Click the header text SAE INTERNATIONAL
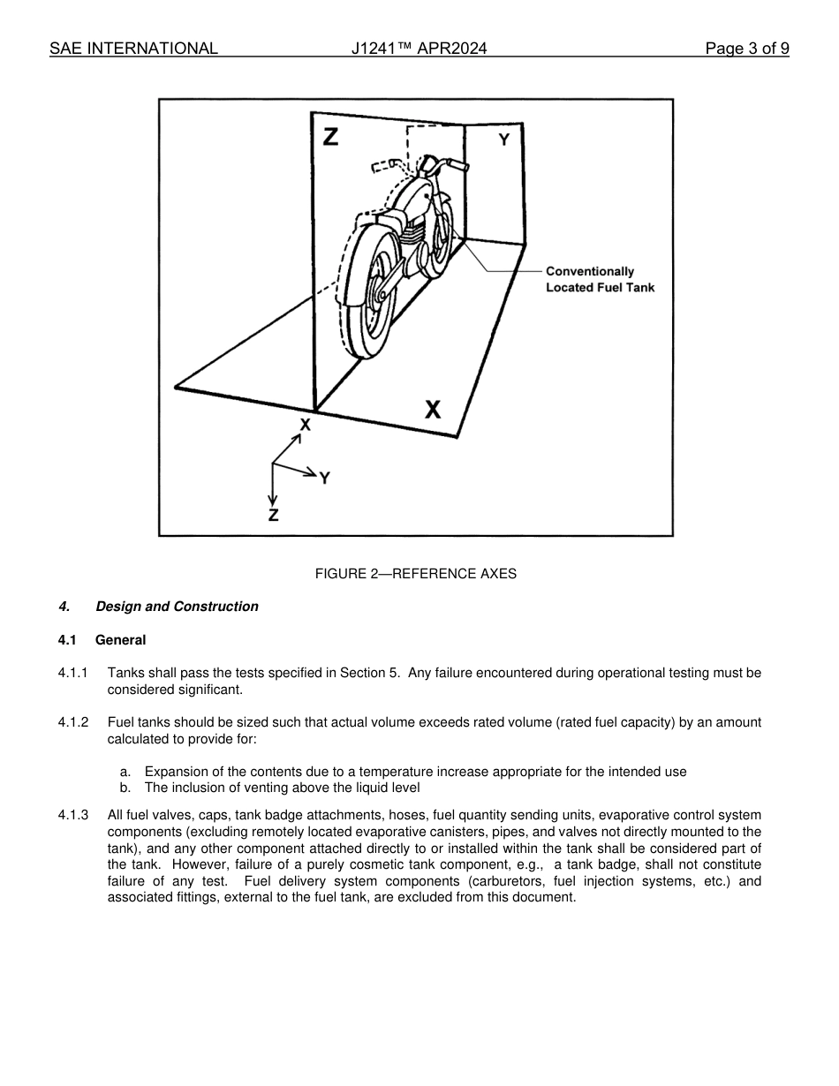[x=133, y=49]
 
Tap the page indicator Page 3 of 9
[x=746, y=49]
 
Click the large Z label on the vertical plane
[x=330, y=137]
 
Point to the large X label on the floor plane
[x=433, y=409]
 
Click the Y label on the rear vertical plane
[x=503, y=140]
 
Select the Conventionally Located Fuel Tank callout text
[x=600, y=279]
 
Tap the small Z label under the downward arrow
[x=273, y=516]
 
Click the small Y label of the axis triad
[x=325, y=478]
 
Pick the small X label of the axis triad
[x=305, y=425]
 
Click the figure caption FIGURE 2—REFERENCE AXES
[x=415, y=574]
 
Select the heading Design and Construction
[x=177, y=607]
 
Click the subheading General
[x=120, y=640]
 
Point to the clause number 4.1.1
[x=73, y=673]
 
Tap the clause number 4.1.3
[x=73, y=815]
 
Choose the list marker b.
[x=125, y=788]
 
